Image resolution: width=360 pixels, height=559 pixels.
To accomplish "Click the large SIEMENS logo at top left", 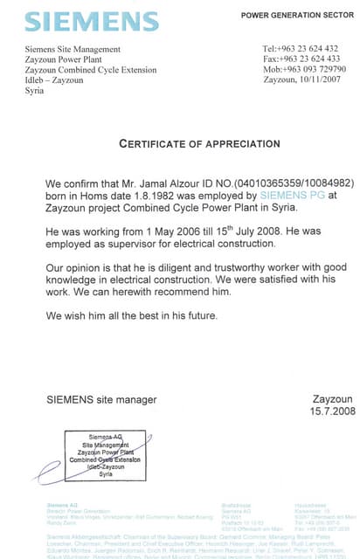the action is pyautogui.click(x=80, y=22).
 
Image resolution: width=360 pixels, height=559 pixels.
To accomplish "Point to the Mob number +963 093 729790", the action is pyautogui.click(x=303, y=69).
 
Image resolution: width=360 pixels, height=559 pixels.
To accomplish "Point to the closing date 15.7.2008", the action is pyautogui.click(x=332, y=411).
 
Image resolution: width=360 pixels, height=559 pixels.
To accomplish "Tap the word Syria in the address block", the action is pyautogui.click(x=34, y=90).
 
